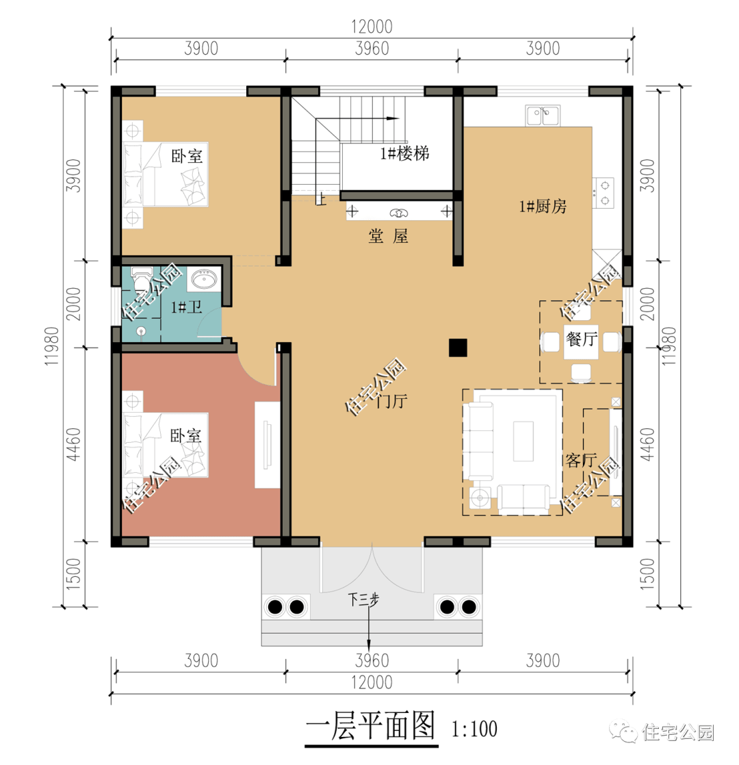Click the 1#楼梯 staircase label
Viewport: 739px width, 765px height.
405,153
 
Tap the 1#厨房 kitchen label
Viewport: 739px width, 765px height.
543,206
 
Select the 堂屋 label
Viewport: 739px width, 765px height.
388,237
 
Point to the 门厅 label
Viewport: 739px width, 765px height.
391,402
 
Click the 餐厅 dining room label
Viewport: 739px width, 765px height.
582,339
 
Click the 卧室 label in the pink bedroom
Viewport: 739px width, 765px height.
186,435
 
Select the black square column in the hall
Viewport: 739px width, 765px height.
458,348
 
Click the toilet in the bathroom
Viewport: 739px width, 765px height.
141,280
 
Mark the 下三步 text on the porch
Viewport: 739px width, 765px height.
363,600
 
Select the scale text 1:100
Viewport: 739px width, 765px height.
474,729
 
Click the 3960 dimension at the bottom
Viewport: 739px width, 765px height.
372,660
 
